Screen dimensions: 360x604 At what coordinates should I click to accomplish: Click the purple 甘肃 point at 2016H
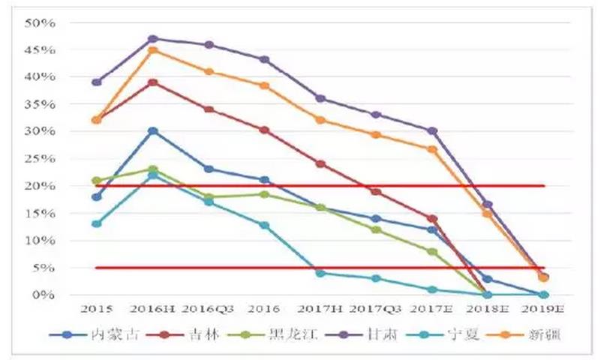(153, 38)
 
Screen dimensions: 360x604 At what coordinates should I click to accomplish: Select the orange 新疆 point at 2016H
(153, 50)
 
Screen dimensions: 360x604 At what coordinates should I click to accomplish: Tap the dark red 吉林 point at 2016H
(153, 82)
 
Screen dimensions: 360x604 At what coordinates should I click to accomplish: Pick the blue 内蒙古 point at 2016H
(153, 131)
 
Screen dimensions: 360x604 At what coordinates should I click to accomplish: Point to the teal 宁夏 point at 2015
(97, 223)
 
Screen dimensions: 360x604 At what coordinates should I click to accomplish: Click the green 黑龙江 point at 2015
(97, 181)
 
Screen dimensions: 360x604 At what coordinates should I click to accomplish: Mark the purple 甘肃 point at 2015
(97, 82)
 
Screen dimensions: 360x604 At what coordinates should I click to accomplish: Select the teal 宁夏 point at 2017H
(320, 273)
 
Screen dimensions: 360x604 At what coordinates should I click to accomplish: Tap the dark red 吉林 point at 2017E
(432, 218)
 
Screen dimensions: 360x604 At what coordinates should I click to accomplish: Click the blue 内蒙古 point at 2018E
(488, 279)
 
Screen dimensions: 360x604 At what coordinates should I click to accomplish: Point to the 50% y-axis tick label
(41, 22)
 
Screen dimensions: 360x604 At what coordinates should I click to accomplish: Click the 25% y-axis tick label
(41, 159)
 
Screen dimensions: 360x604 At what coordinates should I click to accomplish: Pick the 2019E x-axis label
(543, 309)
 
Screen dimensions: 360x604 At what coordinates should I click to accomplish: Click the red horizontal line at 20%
(360, 185)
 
